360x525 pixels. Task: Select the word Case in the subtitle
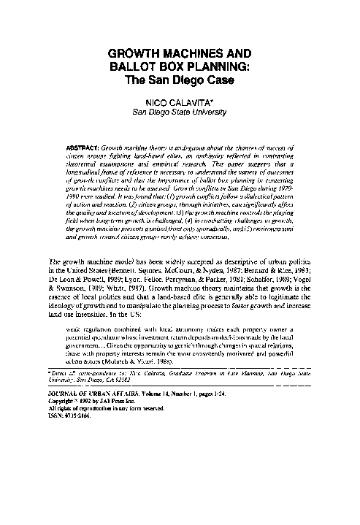217,80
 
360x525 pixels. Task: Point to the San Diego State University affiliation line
180,113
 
